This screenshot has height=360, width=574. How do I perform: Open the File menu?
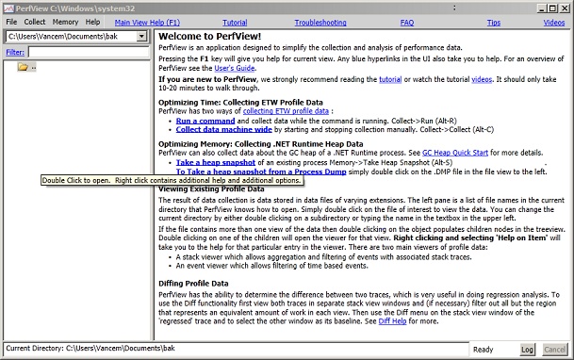click(11, 21)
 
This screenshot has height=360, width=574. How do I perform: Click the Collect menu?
click(35, 21)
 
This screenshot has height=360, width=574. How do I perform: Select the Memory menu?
click(65, 21)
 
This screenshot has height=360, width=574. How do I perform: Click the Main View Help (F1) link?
click(154, 21)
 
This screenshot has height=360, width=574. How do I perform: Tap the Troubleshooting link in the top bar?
click(320, 21)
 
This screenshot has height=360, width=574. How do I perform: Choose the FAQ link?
click(407, 21)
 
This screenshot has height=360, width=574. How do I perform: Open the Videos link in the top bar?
click(554, 21)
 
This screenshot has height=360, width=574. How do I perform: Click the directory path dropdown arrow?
click(141, 36)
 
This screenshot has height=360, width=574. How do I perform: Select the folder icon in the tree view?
click(23, 66)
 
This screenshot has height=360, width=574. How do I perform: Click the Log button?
click(527, 349)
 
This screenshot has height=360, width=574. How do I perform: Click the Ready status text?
click(483, 349)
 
